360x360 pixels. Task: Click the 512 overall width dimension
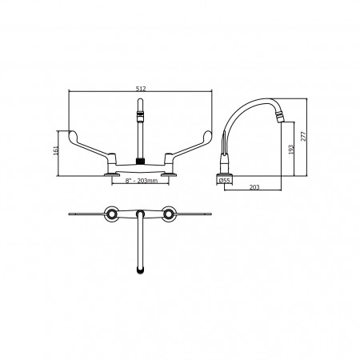pyautogui.click(x=141, y=89)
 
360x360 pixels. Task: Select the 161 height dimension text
pyautogui.click(x=56, y=150)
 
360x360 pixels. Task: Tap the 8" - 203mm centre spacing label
pyautogui.click(x=142, y=181)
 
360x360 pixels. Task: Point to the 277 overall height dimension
pyautogui.click(x=304, y=136)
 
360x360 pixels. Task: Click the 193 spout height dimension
pyautogui.click(x=291, y=150)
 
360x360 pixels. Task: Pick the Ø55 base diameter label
pyautogui.click(x=224, y=181)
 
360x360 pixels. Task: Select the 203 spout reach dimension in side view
pyautogui.click(x=254, y=187)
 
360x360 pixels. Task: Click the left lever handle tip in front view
pyautogui.click(x=71, y=134)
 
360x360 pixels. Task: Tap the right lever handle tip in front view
pyautogui.click(x=209, y=134)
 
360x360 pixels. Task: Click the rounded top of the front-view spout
pyautogui.click(x=140, y=101)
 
